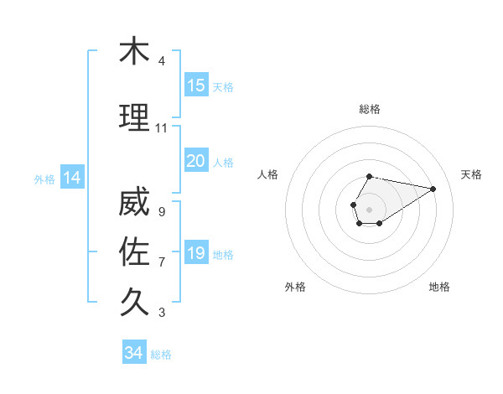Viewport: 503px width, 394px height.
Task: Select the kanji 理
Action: coord(134,118)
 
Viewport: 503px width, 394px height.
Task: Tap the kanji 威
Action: coord(134,203)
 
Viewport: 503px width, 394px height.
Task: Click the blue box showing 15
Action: coord(196,85)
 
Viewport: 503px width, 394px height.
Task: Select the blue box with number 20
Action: coord(196,160)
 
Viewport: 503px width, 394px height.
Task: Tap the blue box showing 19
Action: coord(196,253)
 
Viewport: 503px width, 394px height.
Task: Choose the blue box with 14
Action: coord(71,178)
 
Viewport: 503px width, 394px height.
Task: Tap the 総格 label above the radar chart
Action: coord(370,109)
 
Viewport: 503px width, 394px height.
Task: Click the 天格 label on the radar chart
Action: coord(471,174)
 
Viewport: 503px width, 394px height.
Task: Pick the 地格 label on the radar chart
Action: coord(439,287)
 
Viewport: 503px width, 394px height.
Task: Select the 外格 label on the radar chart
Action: coord(295,287)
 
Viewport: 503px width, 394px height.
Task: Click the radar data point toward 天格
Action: coord(433,188)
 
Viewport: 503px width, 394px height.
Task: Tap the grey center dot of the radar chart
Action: coord(369,208)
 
